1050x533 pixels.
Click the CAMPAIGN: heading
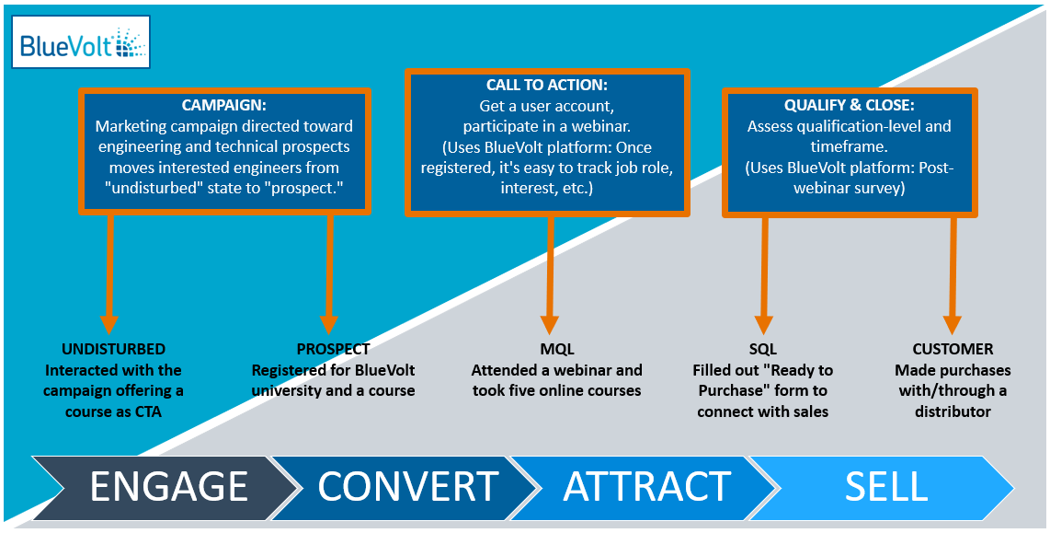223,106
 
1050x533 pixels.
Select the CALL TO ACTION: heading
546,86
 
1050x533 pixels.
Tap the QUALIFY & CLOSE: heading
849,106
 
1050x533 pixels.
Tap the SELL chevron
884,487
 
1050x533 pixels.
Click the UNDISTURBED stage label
113,349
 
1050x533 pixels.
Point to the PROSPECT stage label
334,349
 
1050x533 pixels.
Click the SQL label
763,349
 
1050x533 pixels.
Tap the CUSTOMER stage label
953,349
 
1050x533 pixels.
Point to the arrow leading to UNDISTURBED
109,273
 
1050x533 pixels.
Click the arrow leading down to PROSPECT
328,273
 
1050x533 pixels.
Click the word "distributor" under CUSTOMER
953,411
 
